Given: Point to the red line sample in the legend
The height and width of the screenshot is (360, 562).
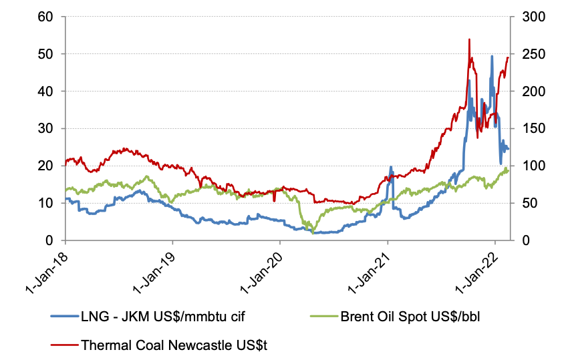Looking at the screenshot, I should coord(64,345).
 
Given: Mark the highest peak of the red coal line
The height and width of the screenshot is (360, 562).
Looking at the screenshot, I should coord(470,39).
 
